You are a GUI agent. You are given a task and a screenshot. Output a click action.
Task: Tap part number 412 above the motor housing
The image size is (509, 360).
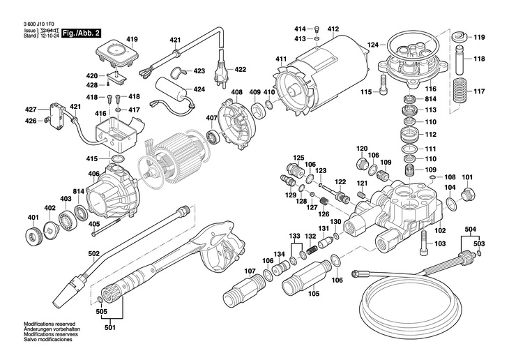click(333, 29)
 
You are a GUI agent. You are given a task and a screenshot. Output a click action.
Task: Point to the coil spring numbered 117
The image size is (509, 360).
click(460, 91)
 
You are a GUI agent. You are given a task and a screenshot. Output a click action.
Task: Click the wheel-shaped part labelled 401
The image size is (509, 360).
click(32, 237)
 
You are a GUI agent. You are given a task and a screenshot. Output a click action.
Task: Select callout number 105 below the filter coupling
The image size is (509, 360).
click(314, 294)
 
